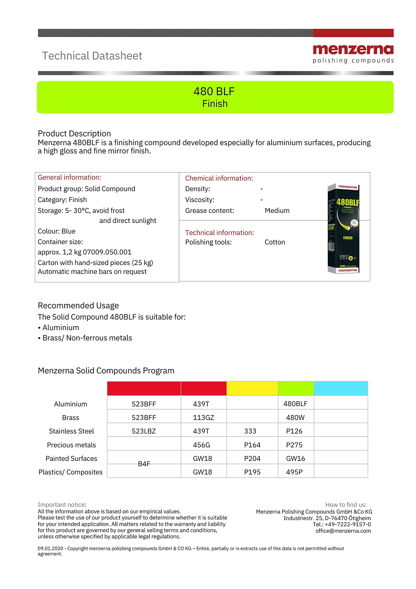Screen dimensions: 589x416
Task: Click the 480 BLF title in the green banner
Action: pos(214,92)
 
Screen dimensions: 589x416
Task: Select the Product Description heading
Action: pos(74,134)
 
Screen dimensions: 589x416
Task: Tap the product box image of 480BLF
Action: pos(344,229)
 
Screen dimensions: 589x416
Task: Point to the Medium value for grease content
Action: pos(277,211)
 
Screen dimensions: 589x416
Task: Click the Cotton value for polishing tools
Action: pos(275,242)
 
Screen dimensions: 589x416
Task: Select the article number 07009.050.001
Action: pos(107,252)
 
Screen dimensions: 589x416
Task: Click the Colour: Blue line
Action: pos(56,231)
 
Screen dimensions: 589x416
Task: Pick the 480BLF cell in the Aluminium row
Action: pos(295,404)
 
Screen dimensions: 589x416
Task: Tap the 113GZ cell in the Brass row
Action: pos(203,418)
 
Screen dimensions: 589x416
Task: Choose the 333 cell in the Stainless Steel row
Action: pos(250,431)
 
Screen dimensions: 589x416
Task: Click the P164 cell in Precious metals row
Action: pos(252,445)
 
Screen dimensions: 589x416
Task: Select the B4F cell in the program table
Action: pos(144,464)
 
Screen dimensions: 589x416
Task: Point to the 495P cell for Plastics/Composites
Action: pos(294,472)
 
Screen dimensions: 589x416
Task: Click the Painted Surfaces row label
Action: pos(71,459)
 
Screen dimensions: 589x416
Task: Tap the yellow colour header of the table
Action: pos(252,388)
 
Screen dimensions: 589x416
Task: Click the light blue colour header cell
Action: pos(341,388)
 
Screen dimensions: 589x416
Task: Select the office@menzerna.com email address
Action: pos(343,531)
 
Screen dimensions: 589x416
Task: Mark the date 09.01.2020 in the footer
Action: pos(50,548)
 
